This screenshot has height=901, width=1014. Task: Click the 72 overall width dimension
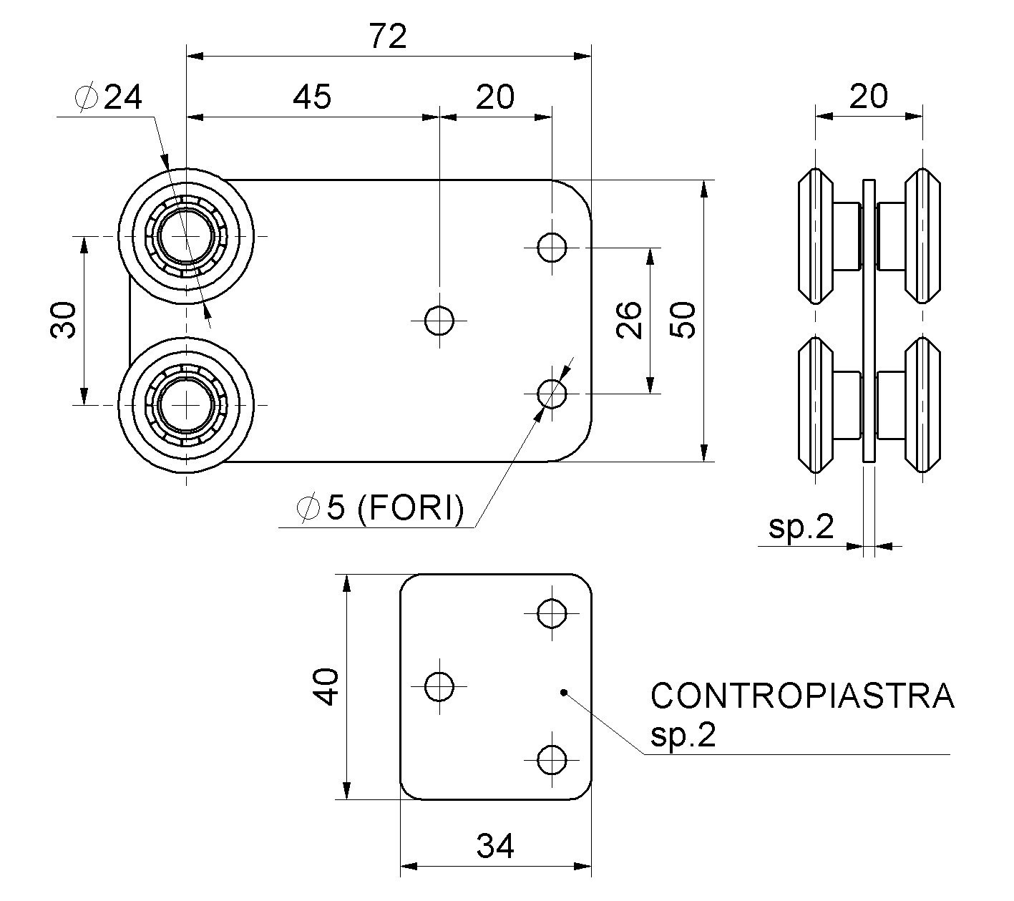point(389,36)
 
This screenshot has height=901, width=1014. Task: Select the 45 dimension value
point(312,97)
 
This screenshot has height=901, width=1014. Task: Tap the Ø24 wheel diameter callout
point(110,97)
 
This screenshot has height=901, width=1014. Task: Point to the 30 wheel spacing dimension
point(64,320)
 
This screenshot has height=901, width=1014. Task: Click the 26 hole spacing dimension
point(629,320)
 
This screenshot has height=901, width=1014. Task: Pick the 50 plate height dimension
point(683,320)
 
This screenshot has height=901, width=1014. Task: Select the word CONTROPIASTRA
point(802,696)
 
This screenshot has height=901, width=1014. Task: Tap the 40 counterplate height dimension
point(327,686)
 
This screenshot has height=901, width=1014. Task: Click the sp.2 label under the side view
point(801,527)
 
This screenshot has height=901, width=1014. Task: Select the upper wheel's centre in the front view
point(186,237)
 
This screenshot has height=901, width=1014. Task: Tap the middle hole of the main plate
point(439,320)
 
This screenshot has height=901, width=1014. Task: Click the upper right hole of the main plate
point(552,248)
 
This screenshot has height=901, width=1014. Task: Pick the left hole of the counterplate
point(439,686)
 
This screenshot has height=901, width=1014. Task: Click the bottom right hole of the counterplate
point(552,759)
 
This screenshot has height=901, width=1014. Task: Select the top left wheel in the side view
point(815,236)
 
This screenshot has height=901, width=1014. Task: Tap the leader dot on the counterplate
point(564,692)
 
